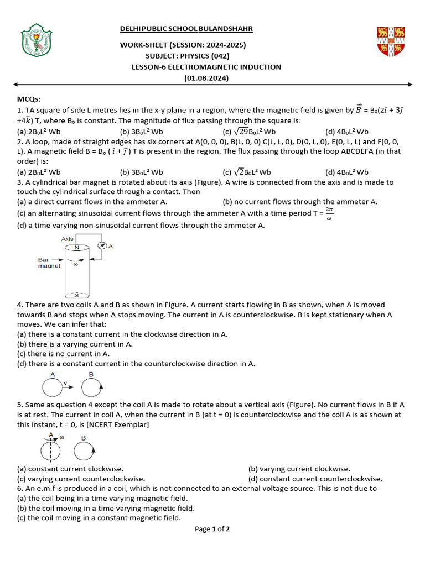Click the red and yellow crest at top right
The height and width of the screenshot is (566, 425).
pos(391,42)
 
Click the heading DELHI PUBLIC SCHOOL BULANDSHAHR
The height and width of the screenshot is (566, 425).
pos(186,29)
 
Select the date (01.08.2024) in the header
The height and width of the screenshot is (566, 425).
pos(206,78)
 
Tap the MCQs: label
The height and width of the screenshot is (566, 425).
pos(29,99)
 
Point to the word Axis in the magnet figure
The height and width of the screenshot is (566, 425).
pos(67,239)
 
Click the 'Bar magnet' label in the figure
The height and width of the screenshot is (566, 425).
pos(49,263)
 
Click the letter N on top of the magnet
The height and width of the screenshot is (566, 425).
pos(77,248)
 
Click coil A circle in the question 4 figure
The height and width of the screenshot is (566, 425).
pos(53,389)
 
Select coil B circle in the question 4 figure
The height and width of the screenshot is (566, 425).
pos(91,389)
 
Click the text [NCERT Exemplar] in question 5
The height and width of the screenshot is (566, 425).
pos(121,424)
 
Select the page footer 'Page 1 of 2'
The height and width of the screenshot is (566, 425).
pos(212,529)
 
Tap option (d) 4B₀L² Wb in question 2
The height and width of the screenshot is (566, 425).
pos(347,172)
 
